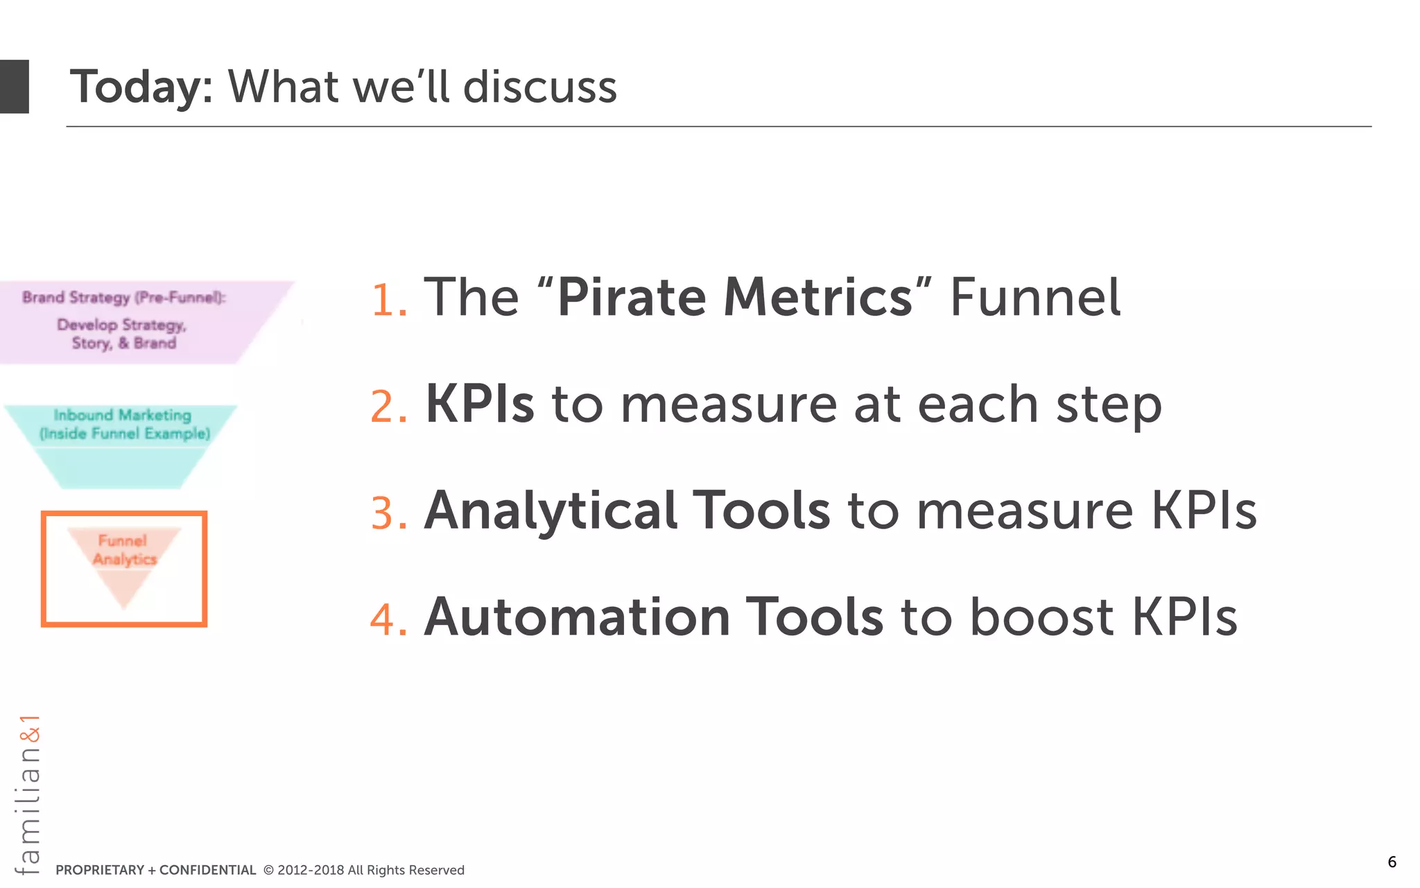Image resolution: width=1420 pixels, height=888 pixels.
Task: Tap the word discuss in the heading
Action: point(539,87)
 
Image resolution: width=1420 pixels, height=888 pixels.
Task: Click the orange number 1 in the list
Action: point(387,300)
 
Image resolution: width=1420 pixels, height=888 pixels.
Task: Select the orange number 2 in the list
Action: point(387,407)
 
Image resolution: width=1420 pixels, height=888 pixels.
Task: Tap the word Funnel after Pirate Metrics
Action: point(1034,297)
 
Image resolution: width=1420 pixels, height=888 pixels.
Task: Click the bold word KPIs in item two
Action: point(480,404)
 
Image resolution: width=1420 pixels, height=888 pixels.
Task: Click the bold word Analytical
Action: point(551,511)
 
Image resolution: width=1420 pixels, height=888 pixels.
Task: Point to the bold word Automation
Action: point(577,617)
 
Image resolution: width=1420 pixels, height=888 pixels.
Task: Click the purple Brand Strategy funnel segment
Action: point(125,322)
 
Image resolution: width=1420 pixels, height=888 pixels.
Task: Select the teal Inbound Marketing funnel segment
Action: point(123,444)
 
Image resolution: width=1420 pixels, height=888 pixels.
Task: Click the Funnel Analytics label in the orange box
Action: point(124,550)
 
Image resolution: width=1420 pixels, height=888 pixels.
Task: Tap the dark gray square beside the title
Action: point(14,87)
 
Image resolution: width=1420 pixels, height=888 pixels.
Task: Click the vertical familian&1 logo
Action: point(28,794)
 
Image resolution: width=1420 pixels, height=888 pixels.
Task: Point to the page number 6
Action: point(1392,862)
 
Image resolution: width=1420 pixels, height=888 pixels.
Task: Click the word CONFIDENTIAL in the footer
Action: point(207,870)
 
